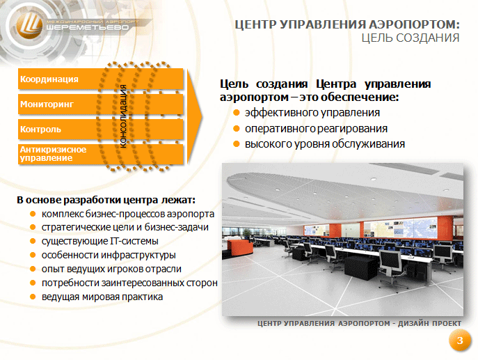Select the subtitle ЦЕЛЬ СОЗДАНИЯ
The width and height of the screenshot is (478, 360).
tap(411, 38)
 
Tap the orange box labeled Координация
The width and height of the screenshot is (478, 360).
tap(101, 79)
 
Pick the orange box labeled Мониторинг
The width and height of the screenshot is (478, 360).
tap(101, 104)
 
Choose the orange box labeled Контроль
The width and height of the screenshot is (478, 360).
tap(101, 130)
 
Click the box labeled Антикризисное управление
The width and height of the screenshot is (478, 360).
tap(101, 154)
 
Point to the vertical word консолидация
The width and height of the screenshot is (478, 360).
tap(123, 116)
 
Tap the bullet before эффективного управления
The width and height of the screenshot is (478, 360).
tap(237, 113)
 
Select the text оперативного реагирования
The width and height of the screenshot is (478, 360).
tap(316, 128)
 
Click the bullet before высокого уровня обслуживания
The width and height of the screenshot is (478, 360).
tap(237, 143)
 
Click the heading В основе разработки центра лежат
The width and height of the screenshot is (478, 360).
tap(106, 200)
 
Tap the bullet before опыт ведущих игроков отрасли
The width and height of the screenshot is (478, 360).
tap(33, 269)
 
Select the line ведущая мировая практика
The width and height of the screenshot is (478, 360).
tap(102, 297)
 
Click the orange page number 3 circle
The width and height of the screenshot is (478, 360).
tap(460, 341)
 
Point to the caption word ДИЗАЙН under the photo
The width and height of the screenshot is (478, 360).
tap(411, 323)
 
